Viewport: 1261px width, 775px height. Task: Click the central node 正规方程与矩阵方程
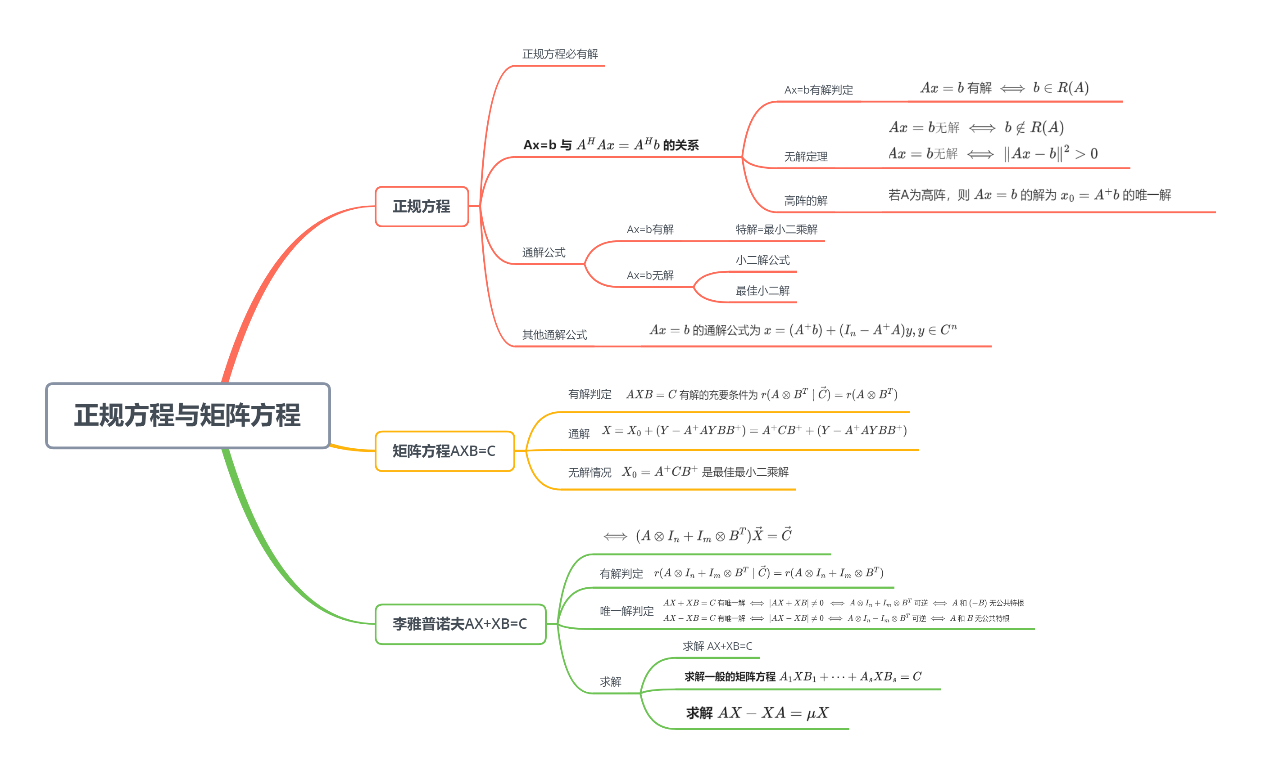coord(188,415)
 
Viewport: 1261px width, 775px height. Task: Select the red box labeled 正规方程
coord(422,207)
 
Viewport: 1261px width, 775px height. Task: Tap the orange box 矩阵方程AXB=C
coord(444,451)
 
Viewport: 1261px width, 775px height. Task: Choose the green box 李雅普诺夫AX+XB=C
coord(460,624)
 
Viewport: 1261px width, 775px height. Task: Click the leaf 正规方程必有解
coord(560,54)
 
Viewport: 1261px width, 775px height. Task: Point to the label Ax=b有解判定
coord(818,90)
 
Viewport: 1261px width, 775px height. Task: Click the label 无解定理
coord(806,157)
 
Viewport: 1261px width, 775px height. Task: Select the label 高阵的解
coord(806,201)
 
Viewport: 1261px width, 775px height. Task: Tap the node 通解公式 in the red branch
coord(544,252)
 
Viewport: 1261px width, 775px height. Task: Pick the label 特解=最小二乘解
coord(776,230)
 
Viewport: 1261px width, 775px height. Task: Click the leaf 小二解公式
coord(762,261)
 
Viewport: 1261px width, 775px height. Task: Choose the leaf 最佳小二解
coord(762,291)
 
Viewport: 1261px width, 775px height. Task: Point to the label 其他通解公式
coord(554,335)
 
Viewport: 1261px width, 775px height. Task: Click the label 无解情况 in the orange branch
coord(589,473)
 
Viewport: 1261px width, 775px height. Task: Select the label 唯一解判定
coord(626,611)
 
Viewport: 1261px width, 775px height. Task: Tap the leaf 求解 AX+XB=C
coord(717,646)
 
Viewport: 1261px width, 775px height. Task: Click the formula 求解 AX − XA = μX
coord(757,713)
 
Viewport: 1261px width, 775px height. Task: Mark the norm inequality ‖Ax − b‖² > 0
coord(1050,154)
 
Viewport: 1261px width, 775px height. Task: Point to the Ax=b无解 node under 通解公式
coord(650,276)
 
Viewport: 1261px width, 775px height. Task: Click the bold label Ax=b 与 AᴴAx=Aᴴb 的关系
coord(611,145)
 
